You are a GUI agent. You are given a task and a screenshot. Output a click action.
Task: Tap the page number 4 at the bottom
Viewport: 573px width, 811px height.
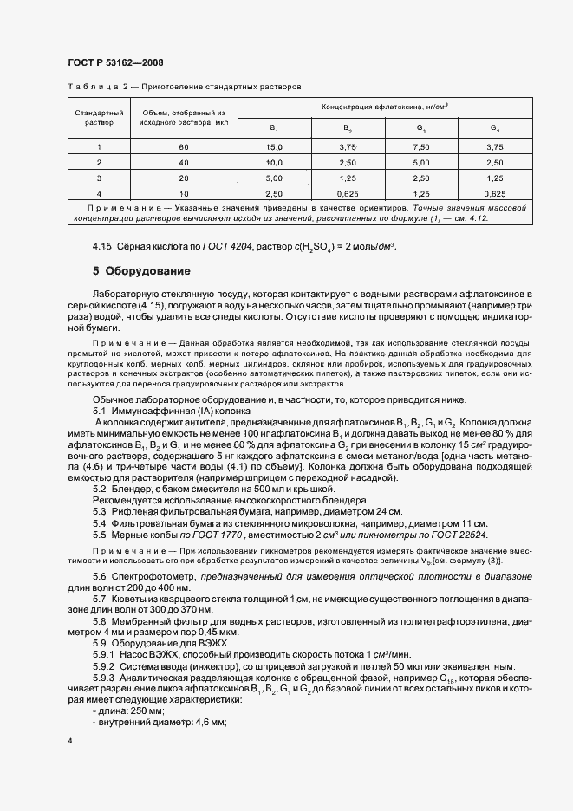click(x=69, y=741)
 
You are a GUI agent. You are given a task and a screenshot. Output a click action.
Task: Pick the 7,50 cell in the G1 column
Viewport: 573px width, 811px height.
click(x=420, y=147)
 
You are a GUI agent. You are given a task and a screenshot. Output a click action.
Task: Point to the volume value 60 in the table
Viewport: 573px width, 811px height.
click(x=183, y=147)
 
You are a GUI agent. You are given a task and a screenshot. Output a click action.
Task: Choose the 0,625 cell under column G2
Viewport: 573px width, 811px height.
click(x=493, y=192)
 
